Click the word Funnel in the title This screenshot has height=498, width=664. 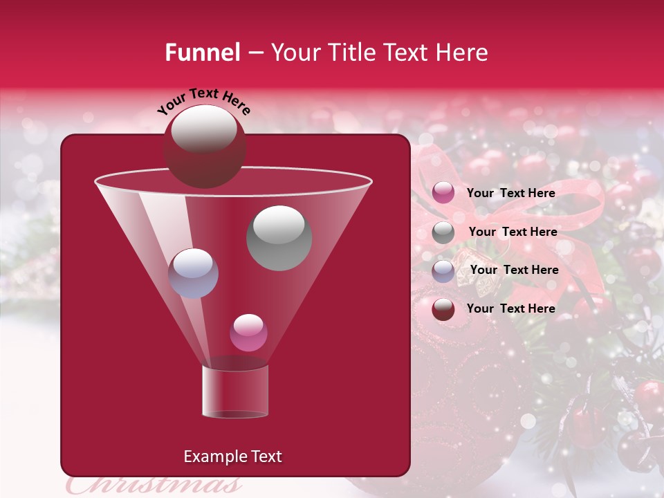[x=202, y=53]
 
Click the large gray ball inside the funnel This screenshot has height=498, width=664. [x=279, y=237]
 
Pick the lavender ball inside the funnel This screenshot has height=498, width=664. [x=193, y=273]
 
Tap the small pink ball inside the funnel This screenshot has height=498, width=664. [x=248, y=333]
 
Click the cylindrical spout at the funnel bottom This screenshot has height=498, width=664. [x=234, y=391]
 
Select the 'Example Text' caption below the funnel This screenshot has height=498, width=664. [x=232, y=456]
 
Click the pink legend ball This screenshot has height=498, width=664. [x=443, y=193]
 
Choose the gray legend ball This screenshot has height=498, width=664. [x=443, y=232]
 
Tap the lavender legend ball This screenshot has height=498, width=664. [x=443, y=270]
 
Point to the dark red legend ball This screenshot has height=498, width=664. [x=443, y=308]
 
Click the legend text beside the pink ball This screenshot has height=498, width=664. [x=510, y=193]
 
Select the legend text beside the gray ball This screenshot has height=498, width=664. [x=513, y=232]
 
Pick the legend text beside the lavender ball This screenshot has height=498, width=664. [x=514, y=270]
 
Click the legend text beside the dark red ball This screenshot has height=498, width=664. [x=510, y=308]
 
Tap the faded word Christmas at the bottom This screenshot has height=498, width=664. [x=155, y=485]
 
